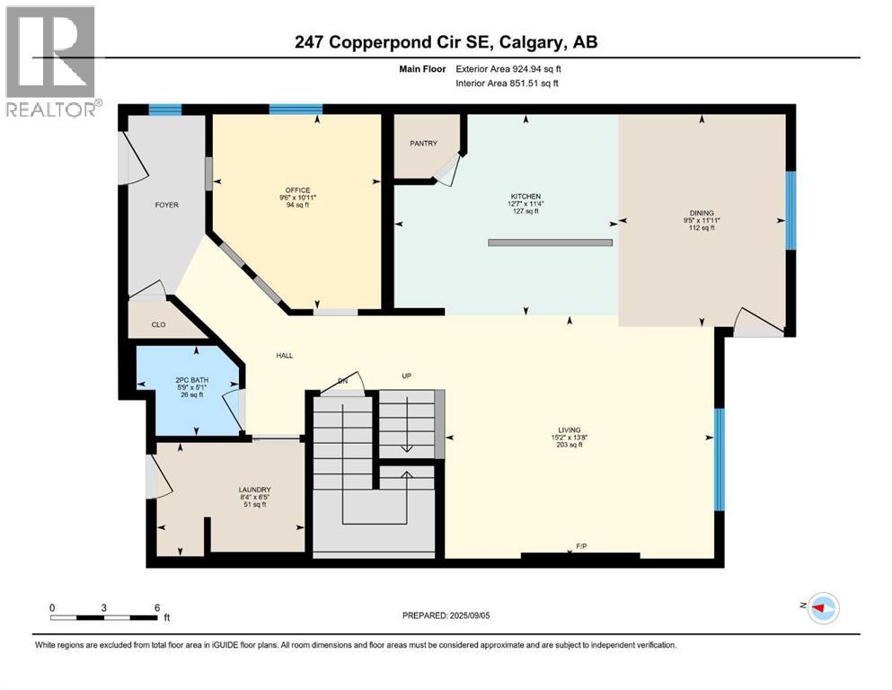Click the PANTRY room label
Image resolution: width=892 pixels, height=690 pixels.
pyautogui.click(x=423, y=143)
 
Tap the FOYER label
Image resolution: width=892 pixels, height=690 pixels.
pyautogui.click(x=166, y=205)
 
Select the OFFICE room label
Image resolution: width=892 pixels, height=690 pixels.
pyautogui.click(x=298, y=190)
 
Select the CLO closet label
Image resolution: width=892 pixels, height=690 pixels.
pyautogui.click(x=158, y=325)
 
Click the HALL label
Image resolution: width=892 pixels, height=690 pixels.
pyautogui.click(x=284, y=356)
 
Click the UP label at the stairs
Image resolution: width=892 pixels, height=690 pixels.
pyautogui.click(x=406, y=376)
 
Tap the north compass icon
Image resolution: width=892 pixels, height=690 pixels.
pyautogui.click(x=823, y=609)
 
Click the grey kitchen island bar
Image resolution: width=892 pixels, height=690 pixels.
pyautogui.click(x=550, y=243)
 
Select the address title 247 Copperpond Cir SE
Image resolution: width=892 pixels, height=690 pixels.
pyautogui.click(x=446, y=41)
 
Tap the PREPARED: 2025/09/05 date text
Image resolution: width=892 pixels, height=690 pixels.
pyautogui.click(x=446, y=615)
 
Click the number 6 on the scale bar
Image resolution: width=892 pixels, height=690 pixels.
pyautogui.click(x=156, y=607)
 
